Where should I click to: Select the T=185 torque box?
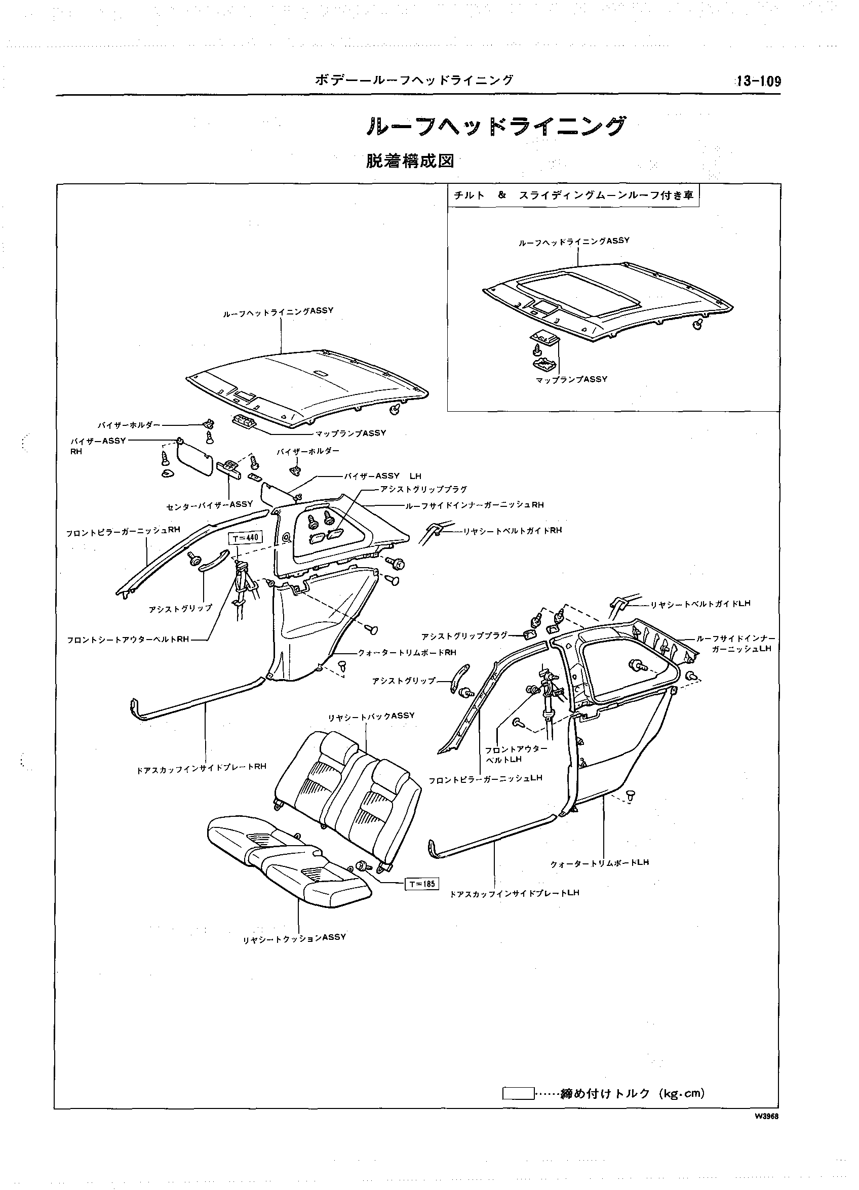point(422,884)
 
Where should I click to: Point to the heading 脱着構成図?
point(409,161)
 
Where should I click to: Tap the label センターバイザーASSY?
point(209,505)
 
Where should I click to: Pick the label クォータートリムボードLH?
point(600,862)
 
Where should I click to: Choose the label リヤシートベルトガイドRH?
point(512,531)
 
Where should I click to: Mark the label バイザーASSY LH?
point(382,476)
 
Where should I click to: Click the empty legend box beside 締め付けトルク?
point(519,1093)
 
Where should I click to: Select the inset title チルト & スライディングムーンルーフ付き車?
point(573,195)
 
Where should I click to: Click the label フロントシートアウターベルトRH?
point(128,640)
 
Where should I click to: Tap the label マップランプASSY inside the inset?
point(571,379)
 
